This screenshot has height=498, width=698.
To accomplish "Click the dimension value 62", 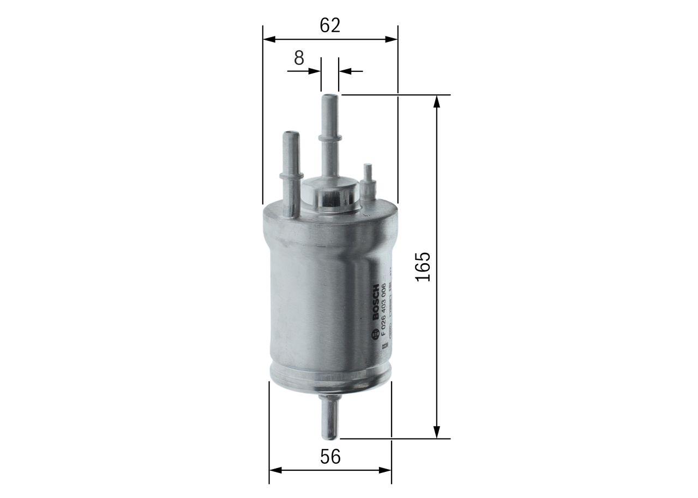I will click(330, 25).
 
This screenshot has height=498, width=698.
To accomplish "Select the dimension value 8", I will click(299, 58).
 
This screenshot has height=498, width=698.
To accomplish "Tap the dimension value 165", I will click(423, 266).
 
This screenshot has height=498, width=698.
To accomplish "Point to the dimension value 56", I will click(330, 457).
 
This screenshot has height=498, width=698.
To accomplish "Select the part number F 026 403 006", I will click(384, 309).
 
